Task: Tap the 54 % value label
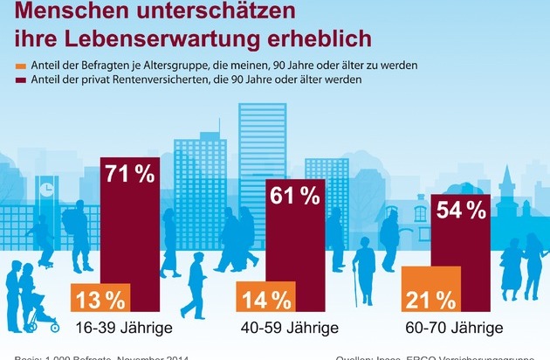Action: pyautogui.click(x=462, y=211)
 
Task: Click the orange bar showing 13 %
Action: pyautogui.click(x=100, y=298)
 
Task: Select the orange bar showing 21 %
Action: pyautogui.click(x=430, y=291)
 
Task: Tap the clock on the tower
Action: pyautogui.click(x=45, y=188)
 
